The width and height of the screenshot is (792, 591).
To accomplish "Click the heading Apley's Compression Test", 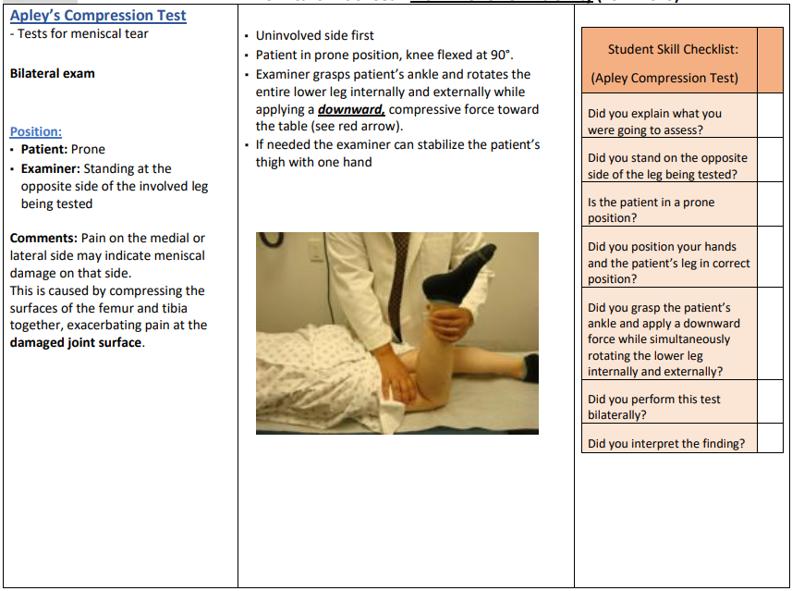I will tap(98, 16).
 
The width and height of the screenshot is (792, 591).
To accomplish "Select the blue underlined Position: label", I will tap(36, 131).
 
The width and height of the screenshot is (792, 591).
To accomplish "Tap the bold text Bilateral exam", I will tap(53, 73).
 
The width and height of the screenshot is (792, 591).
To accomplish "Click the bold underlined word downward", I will tap(351, 109).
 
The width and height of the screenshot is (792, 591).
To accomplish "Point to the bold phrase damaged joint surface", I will tap(77, 342).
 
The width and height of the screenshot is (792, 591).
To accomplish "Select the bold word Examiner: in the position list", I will tap(52, 168).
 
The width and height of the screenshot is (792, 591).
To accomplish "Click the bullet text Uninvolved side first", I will tap(314, 35).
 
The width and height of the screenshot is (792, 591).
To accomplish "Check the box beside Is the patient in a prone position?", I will tap(770, 203).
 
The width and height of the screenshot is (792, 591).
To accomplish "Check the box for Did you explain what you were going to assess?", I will tap(770, 115).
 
